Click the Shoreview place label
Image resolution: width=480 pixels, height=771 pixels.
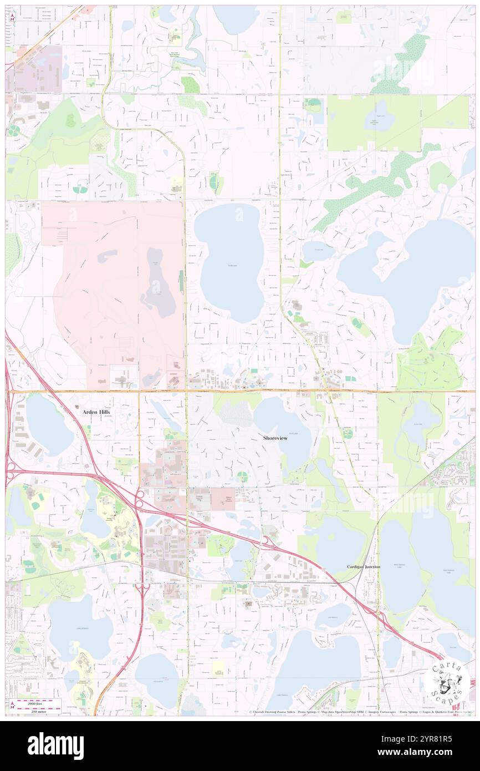tap(275, 438)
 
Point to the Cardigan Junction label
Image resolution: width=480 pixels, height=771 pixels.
tap(364, 567)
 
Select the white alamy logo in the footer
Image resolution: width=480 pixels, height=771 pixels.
tap(55, 745)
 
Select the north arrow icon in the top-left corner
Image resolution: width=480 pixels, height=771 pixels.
tap(12, 16)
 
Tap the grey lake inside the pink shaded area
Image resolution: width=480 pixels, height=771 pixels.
tap(158, 283)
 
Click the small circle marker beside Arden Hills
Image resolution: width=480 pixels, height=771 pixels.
tap(77, 407)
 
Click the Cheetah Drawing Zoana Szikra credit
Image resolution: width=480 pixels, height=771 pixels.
tap(271, 712)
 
